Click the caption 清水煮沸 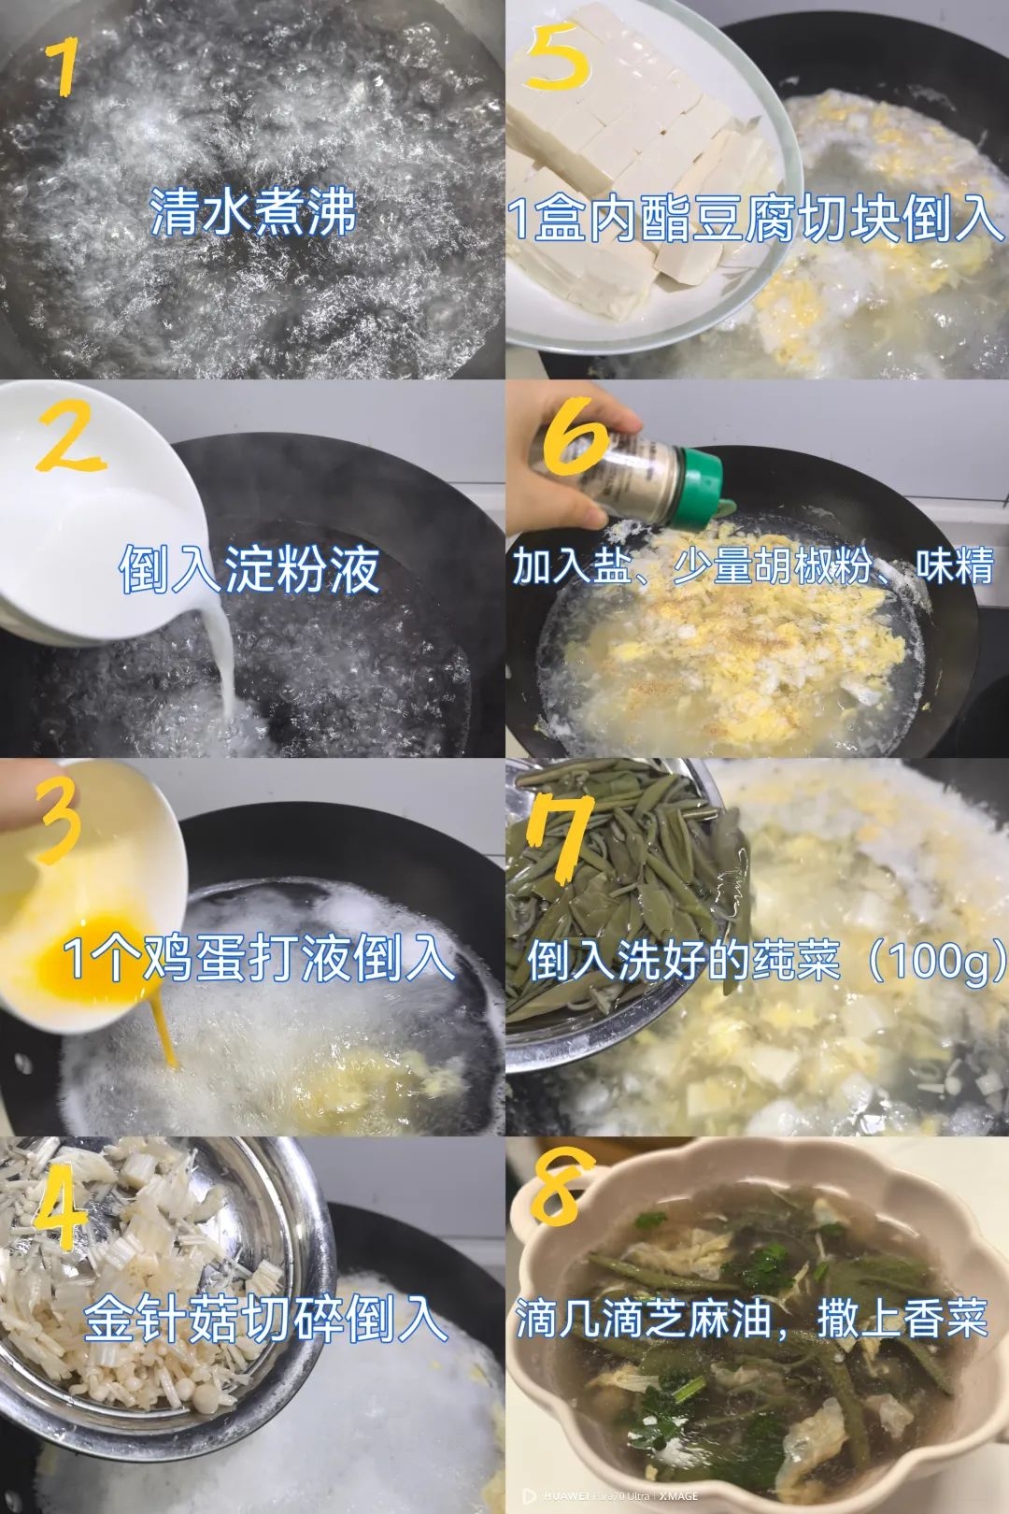(x=254, y=213)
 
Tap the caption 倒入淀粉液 (x=250, y=569)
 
